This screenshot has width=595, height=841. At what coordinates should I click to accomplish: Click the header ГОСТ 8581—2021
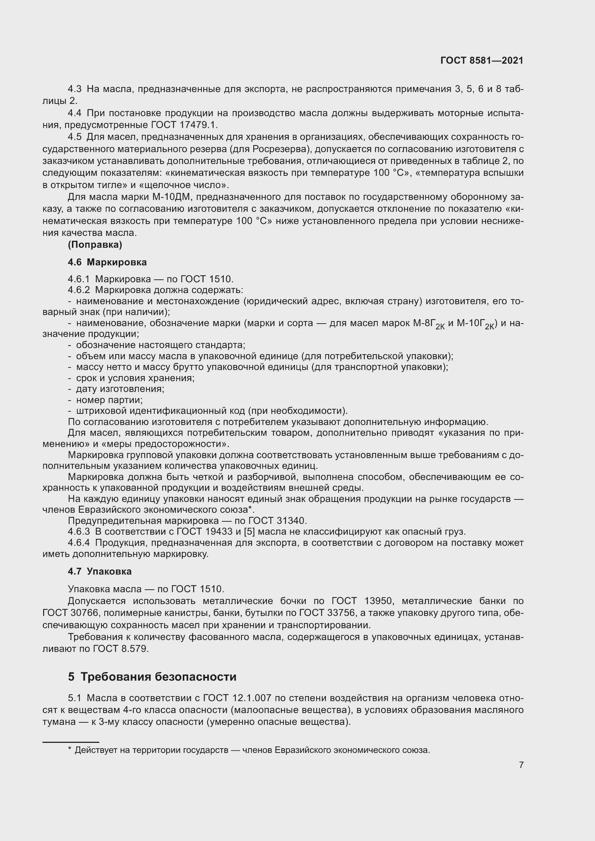[481, 60]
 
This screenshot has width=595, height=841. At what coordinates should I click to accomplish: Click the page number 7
[521, 765]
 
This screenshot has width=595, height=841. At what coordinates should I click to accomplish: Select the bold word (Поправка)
[95, 245]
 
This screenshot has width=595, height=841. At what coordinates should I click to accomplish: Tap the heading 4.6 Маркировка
[107, 262]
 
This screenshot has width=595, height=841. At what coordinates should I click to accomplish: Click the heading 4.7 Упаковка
[100, 571]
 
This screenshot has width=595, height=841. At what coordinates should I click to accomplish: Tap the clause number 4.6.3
[78, 531]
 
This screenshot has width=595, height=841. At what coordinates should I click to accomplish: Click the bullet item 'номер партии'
[109, 399]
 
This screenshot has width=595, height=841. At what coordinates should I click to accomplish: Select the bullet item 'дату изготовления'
[120, 389]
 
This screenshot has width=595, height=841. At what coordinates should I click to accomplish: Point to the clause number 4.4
[75, 113]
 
